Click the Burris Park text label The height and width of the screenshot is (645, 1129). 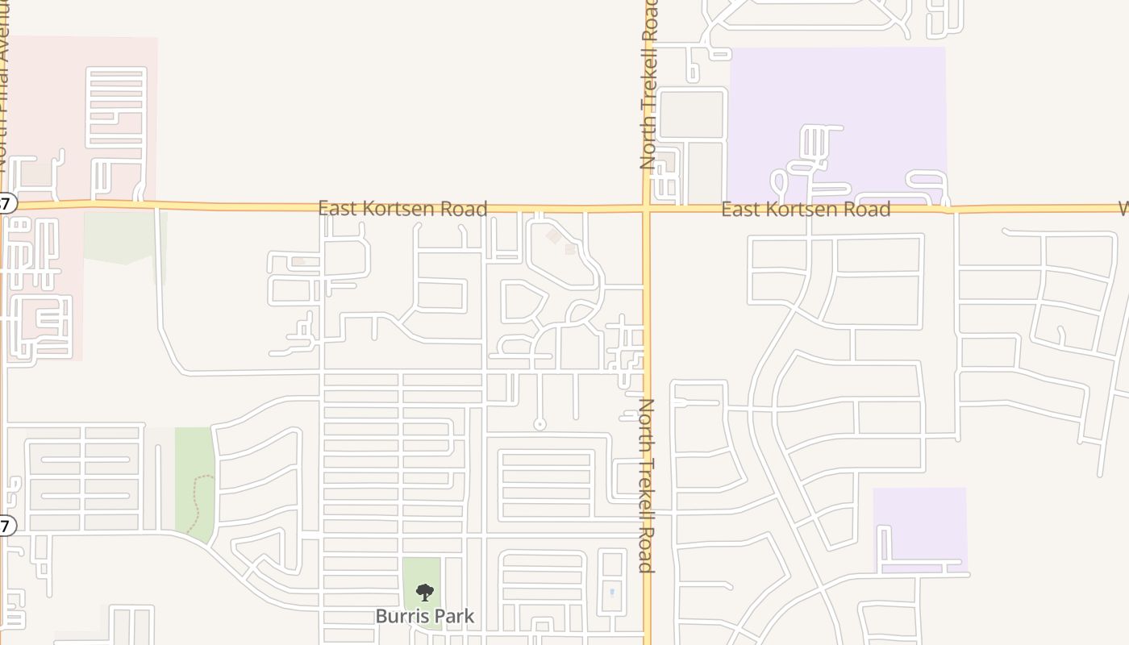click(425, 617)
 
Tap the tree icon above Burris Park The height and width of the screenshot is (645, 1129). click(425, 593)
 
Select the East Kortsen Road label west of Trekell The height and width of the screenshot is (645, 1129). click(402, 209)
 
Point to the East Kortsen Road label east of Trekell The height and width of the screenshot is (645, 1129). click(806, 210)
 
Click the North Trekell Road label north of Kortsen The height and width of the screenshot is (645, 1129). click(650, 85)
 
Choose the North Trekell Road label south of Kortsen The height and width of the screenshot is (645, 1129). click(646, 485)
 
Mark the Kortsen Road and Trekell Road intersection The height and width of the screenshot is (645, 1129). click(647, 209)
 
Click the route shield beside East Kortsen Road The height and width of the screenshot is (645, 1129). click(6, 203)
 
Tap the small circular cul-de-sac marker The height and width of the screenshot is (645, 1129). click(540, 424)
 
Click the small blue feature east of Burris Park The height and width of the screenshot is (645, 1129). click(612, 593)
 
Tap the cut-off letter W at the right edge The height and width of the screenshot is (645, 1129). click(1123, 209)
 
